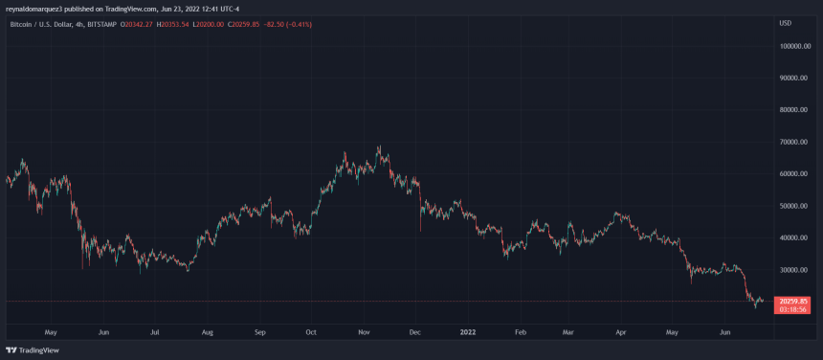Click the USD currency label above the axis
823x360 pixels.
786,22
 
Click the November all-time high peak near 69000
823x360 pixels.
381,146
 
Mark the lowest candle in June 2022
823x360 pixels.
755,308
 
